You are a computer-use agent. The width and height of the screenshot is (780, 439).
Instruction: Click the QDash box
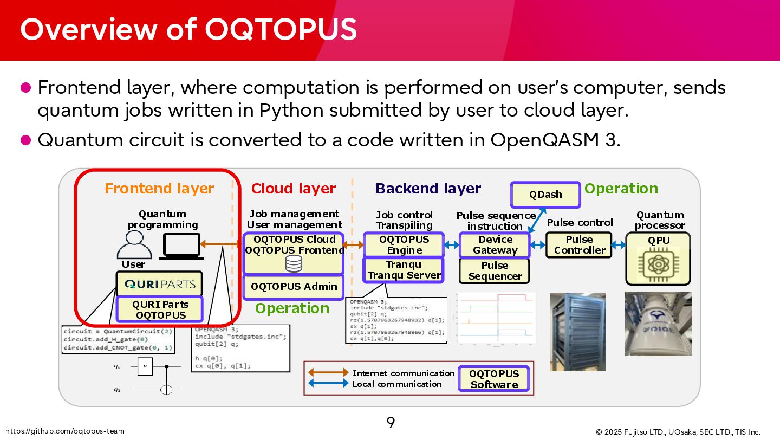pyautogui.click(x=545, y=195)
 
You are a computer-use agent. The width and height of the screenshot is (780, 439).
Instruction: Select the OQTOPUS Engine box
pyautogui.click(x=404, y=245)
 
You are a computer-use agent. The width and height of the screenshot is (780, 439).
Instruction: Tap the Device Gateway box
pyautogui.click(x=495, y=245)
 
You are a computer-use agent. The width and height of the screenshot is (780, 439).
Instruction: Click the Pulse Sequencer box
pyautogui.click(x=495, y=271)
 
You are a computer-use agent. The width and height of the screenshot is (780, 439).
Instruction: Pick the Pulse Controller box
pyautogui.click(x=579, y=245)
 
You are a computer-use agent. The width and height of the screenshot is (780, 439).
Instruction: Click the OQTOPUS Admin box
pyautogui.click(x=294, y=287)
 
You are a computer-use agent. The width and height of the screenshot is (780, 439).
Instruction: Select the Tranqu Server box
pyautogui.click(x=404, y=270)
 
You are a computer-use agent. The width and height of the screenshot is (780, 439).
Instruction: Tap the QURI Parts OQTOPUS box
pyautogui.click(x=160, y=309)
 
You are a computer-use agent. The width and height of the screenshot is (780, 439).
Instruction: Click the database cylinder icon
pyautogui.click(x=294, y=264)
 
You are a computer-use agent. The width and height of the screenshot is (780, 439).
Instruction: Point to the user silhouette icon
pyautogui.click(x=134, y=245)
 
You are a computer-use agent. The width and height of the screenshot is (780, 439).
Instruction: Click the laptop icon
pyautogui.click(x=181, y=246)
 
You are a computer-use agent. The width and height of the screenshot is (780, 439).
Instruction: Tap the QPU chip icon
pyautogui.click(x=658, y=263)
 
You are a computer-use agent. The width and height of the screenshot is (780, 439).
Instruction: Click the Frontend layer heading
pyautogui.click(x=159, y=189)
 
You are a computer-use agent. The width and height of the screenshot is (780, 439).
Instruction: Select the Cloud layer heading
pyautogui.click(x=293, y=189)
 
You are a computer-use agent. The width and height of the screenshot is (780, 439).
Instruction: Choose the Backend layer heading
pyautogui.click(x=428, y=189)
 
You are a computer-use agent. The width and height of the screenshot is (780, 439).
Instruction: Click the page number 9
pyautogui.click(x=391, y=422)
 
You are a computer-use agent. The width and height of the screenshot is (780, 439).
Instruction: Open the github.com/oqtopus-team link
pyautogui.click(x=64, y=431)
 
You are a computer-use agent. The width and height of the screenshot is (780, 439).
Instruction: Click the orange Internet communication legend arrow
pyautogui.click(x=328, y=373)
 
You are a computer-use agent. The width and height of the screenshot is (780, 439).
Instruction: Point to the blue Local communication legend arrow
pyautogui.click(x=328, y=384)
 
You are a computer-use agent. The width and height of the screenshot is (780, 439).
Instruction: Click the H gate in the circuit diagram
pyautogui.click(x=145, y=367)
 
